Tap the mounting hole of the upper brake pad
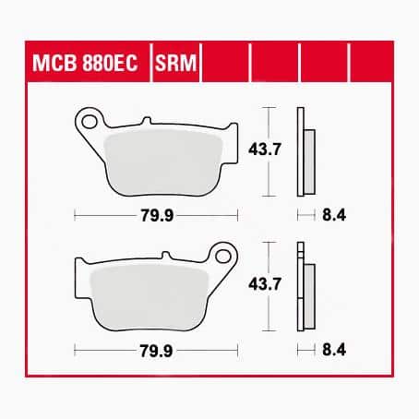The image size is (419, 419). [89, 120]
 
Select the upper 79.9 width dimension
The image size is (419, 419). [153, 216]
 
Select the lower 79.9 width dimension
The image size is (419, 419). [153, 351]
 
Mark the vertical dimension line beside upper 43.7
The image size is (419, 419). [269, 152]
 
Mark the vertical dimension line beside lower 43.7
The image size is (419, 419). [269, 287]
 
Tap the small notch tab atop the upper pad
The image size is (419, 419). [146, 122]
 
